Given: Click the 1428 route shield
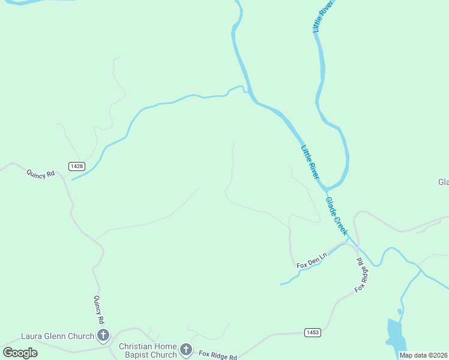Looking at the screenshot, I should click(76, 166).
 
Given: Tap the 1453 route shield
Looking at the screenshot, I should click(313, 332).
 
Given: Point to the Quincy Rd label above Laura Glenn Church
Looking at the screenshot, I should click(99, 310).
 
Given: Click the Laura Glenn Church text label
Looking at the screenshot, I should click(57, 336).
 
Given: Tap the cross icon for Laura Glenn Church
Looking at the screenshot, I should click(103, 335).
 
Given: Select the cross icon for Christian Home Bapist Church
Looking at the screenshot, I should click(186, 349).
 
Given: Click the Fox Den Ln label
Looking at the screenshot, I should click(312, 260).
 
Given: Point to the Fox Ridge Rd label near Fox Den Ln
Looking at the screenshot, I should click(361, 275).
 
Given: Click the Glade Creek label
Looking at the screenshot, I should click(337, 216).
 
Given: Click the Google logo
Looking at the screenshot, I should click(20, 352).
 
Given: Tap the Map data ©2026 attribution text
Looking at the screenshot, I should click(423, 355).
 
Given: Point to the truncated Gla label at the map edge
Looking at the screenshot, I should click(443, 182).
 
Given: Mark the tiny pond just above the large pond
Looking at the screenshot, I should click(399, 311).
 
